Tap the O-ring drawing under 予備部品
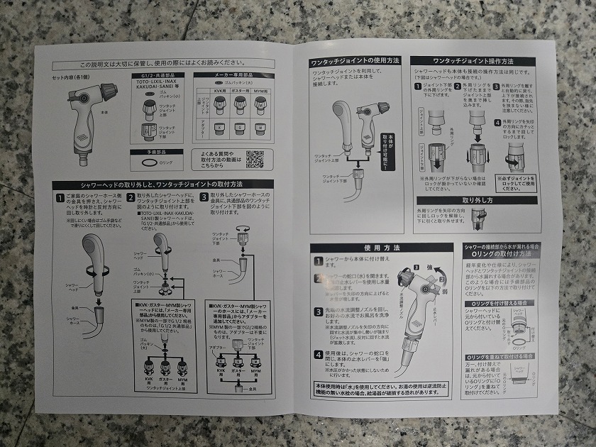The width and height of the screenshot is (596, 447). coord(148,162)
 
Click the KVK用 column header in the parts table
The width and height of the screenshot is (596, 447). coord(219,92)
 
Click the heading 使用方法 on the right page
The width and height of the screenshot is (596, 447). coord(381,248)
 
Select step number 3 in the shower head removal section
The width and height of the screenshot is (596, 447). coord(204,197)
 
